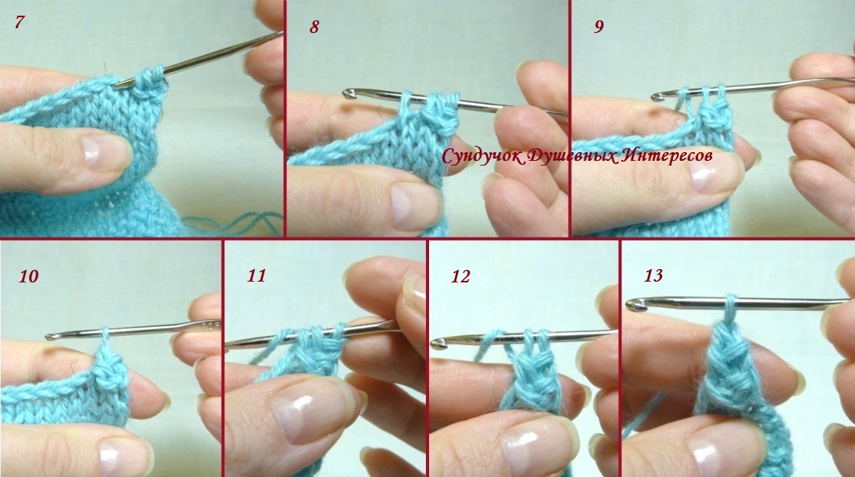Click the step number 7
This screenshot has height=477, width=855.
20,23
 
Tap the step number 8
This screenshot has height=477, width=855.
314,27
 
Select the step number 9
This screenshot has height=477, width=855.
598,27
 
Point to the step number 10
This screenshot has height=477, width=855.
28,276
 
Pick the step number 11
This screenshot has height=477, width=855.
256,276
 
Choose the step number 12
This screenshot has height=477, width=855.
460,277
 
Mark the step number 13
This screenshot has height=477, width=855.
653,275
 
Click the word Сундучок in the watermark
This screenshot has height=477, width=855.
483,156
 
